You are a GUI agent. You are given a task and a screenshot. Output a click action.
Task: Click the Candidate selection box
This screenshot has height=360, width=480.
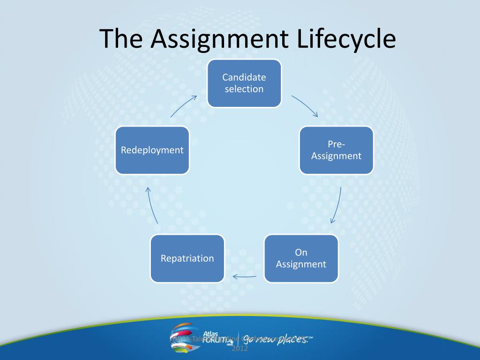[244, 83]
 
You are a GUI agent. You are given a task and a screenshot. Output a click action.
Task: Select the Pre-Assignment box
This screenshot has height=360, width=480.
[336, 150]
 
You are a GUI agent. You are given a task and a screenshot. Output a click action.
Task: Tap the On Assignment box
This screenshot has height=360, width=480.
[301, 258]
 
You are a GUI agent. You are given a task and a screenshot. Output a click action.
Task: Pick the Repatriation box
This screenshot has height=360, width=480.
[187, 258]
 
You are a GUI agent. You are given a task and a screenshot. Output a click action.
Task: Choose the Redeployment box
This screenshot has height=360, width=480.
[152, 150]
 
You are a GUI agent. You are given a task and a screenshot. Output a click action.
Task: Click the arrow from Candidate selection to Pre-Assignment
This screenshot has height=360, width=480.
[305, 106]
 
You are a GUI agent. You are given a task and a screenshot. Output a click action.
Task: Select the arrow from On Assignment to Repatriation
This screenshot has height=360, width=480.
[244, 276]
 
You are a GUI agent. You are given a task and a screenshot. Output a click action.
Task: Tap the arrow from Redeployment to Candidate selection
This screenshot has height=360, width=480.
[183, 106]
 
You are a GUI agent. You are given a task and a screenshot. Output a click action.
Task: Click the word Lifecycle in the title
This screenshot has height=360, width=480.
[346, 39]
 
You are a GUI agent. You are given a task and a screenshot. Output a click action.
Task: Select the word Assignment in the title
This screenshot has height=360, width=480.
[220, 39]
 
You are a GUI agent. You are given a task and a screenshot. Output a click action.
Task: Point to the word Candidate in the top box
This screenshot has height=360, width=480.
[244, 77]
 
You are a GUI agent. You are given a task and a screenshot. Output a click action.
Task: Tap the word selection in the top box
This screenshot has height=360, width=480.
[244, 89]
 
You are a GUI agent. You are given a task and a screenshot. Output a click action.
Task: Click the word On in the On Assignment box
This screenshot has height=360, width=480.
[301, 253]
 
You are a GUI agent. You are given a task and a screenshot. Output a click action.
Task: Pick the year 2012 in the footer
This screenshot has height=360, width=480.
[240, 349]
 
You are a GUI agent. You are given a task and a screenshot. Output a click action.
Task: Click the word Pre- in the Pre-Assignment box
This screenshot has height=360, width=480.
[336, 144]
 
